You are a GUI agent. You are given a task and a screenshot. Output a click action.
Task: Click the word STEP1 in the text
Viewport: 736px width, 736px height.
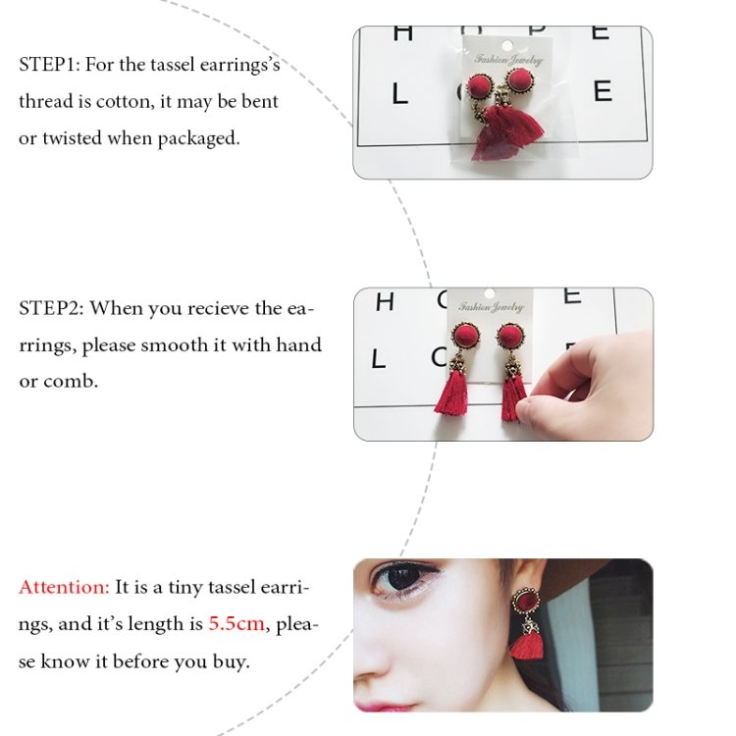tap(49, 65)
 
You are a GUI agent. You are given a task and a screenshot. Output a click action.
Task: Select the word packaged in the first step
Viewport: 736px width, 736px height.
tap(198, 139)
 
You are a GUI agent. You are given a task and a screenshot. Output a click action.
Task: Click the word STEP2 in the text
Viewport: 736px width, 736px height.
tap(51, 308)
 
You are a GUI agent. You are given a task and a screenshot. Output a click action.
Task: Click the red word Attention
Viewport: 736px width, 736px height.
tap(64, 587)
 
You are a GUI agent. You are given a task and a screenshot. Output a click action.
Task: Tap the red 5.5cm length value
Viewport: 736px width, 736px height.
tap(237, 624)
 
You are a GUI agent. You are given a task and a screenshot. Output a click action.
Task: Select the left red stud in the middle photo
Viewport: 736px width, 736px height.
tap(465, 337)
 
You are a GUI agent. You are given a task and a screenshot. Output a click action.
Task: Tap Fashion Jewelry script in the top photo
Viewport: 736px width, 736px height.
tap(508, 60)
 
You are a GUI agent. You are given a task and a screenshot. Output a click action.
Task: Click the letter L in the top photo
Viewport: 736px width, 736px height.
tap(399, 94)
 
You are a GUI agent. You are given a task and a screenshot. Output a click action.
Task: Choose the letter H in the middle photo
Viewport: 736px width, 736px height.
tap(385, 301)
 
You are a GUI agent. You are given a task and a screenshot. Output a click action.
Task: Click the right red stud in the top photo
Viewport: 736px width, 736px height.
tap(519, 80)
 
